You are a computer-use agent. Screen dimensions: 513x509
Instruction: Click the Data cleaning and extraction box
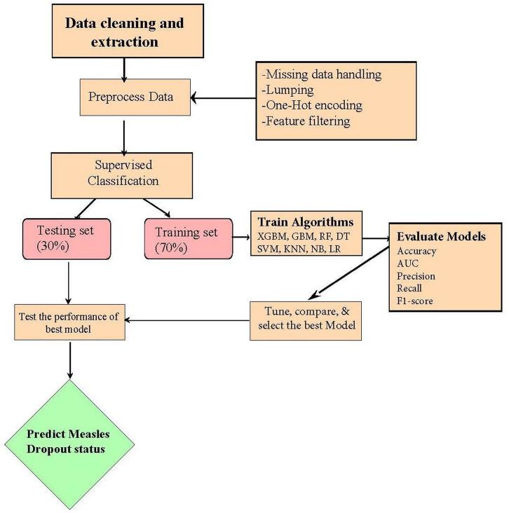tap(125, 32)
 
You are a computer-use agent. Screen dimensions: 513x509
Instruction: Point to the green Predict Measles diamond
tap(68, 441)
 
